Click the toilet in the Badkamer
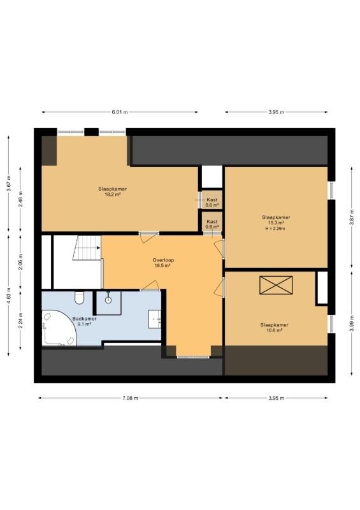tap(80, 298)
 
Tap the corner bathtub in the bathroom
tap(59, 328)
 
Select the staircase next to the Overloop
tap(87, 248)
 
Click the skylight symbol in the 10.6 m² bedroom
tap(276, 285)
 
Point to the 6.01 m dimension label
tap(120, 112)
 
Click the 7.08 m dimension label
tap(131, 398)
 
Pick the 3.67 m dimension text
tap(9, 184)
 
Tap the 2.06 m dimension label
tap(20, 262)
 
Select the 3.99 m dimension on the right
tap(352, 323)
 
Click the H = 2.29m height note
tap(275, 229)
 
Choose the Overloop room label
tap(163, 260)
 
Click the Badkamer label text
tap(84, 319)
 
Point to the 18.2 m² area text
tap(113, 194)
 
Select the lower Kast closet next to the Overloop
tap(212, 222)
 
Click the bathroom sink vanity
tap(154, 319)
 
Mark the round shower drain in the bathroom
tap(108, 300)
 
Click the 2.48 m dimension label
tap(20, 201)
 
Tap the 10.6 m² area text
tap(275, 330)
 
